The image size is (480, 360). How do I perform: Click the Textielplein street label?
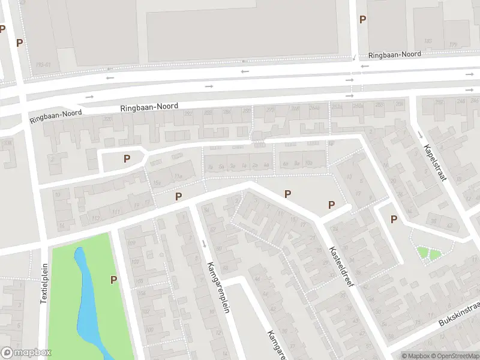click(44, 284)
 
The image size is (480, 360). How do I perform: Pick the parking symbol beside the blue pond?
click(113, 280)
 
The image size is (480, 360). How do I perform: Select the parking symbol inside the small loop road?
click(127, 158)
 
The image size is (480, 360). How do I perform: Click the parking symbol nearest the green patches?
click(394, 220)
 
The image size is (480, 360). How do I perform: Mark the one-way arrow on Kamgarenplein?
click(205, 243)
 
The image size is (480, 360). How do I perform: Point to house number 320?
click(108, 119)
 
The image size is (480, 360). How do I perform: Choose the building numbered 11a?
click(178, 176)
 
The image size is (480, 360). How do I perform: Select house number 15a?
click(158, 183)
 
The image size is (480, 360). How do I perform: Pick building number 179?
click(453, 44)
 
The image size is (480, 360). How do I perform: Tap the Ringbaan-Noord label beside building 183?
click(395, 54)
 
